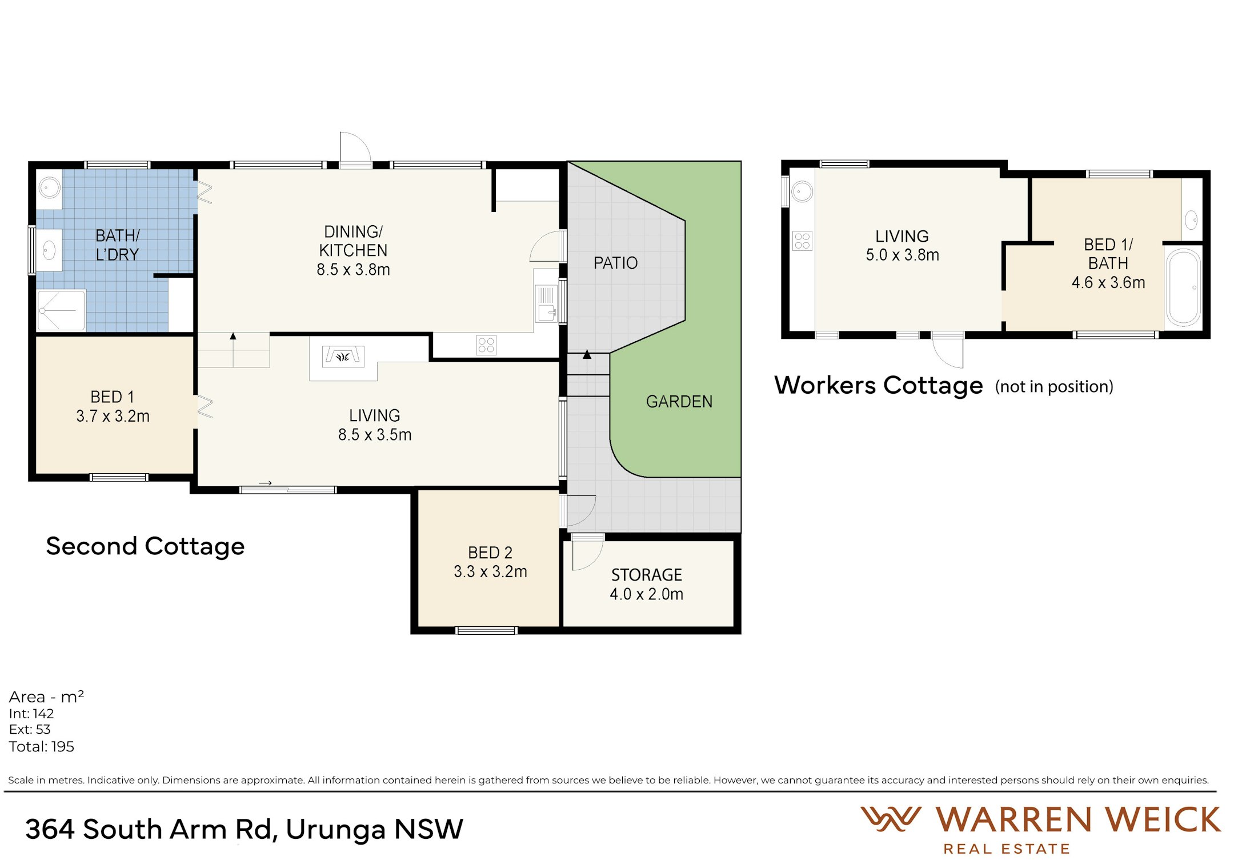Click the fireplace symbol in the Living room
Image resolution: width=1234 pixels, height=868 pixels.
coord(343,357)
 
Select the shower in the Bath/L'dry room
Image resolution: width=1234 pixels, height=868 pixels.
coord(61,310)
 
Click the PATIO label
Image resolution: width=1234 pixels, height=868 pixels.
coord(615,263)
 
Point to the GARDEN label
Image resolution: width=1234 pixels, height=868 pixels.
coord(679,402)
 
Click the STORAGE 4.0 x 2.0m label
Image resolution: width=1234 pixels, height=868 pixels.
coord(646,584)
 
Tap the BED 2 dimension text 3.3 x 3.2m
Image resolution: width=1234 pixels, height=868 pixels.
coord(490,571)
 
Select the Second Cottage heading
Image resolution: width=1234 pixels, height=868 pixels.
coord(145,546)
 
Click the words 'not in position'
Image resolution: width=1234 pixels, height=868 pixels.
coord(1054,387)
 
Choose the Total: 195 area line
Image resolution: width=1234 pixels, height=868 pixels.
coord(41,747)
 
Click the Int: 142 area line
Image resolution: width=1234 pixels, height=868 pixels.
coord(31,714)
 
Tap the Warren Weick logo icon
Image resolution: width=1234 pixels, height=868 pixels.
coord(890,819)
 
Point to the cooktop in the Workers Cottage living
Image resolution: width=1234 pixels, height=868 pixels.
coord(802,241)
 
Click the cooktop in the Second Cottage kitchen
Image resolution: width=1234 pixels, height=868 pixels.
coord(486,345)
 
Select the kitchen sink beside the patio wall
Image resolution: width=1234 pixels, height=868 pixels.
coord(546,304)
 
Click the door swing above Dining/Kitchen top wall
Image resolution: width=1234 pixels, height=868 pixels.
coord(355,149)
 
